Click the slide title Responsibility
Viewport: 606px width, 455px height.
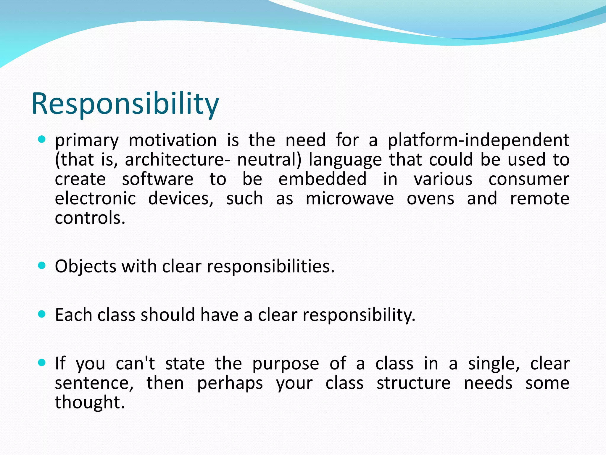coord(125,104)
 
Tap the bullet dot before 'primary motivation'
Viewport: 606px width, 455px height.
coord(42,139)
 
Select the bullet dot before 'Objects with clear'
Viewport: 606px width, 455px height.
coord(42,265)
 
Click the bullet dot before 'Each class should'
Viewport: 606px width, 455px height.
coord(42,314)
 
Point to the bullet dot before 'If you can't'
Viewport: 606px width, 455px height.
coord(42,363)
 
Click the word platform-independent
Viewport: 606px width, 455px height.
coord(478,140)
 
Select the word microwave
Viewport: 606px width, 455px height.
coord(349,198)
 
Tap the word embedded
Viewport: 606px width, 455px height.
coord(322,179)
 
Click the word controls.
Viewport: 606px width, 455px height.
coord(90,218)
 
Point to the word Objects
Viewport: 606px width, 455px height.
coord(85,267)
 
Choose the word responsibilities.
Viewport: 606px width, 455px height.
coord(270,267)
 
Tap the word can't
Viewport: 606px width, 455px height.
coord(135,363)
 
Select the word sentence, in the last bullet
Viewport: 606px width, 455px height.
coord(94,383)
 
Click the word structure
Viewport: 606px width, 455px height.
coord(413,383)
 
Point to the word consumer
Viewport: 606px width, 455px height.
coord(528,179)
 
